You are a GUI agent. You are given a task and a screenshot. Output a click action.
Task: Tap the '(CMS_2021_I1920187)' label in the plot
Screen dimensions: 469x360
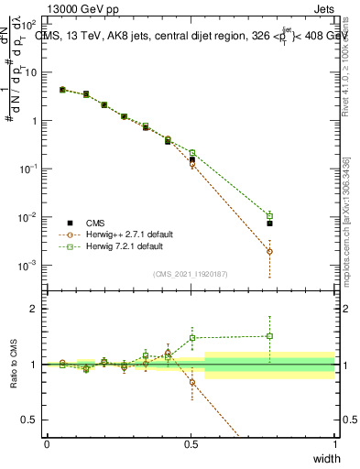point(191,274)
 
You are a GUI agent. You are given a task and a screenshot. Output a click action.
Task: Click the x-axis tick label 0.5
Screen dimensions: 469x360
point(191,444)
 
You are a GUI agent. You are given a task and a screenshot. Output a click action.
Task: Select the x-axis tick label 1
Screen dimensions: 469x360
point(334,444)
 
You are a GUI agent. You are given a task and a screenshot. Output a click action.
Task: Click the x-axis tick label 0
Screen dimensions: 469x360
point(47,444)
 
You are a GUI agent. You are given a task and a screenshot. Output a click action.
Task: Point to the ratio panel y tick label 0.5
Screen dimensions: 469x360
point(29,420)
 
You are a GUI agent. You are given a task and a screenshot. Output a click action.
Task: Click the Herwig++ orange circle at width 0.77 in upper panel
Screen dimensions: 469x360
point(269,251)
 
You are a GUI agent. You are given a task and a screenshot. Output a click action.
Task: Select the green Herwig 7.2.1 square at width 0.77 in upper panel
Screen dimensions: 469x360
point(269,215)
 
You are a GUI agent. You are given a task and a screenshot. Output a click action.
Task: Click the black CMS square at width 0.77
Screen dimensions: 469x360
point(269,224)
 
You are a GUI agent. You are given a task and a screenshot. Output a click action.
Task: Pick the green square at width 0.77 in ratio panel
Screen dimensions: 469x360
point(269,335)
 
